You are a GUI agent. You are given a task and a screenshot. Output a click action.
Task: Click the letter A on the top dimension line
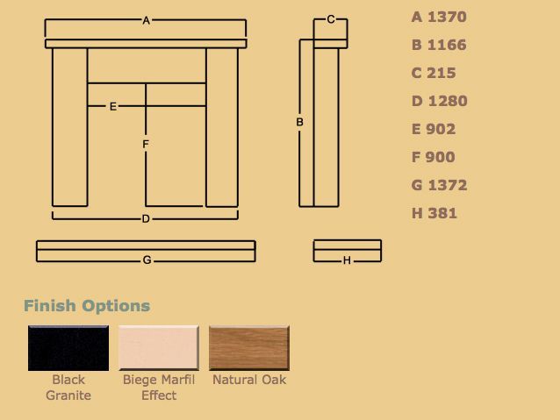146,21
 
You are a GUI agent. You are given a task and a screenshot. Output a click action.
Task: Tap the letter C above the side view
331,19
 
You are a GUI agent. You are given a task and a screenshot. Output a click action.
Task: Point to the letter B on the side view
299,122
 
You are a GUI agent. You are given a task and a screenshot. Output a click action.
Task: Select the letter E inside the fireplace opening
113,106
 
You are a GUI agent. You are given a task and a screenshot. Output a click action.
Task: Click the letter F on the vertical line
146,144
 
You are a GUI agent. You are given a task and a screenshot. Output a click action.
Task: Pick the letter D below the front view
146,218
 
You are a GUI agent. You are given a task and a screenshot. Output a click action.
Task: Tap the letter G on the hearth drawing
147,260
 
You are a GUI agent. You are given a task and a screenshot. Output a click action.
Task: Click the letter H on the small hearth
347,260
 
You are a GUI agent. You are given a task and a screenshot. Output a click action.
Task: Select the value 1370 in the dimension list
447,17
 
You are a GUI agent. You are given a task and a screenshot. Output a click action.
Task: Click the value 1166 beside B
447,45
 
